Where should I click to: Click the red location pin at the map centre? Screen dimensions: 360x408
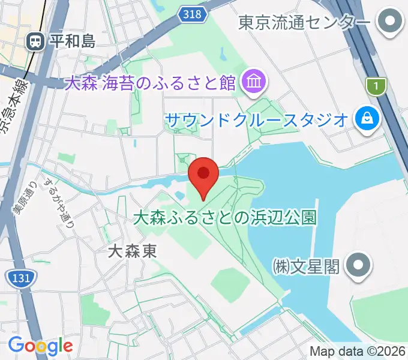point(203,175)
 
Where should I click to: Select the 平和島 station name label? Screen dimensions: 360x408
point(72,41)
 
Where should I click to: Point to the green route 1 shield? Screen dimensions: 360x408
point(376,87)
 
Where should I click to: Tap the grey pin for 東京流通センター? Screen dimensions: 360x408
point(391,23)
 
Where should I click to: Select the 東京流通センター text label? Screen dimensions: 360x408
point(304,23)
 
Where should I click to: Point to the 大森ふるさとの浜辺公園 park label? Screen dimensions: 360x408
point(224,217)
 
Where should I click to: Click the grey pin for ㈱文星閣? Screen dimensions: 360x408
point(359,265)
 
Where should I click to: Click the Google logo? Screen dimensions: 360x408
point(41,346)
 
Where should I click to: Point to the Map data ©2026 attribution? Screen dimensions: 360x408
point(358,351)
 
